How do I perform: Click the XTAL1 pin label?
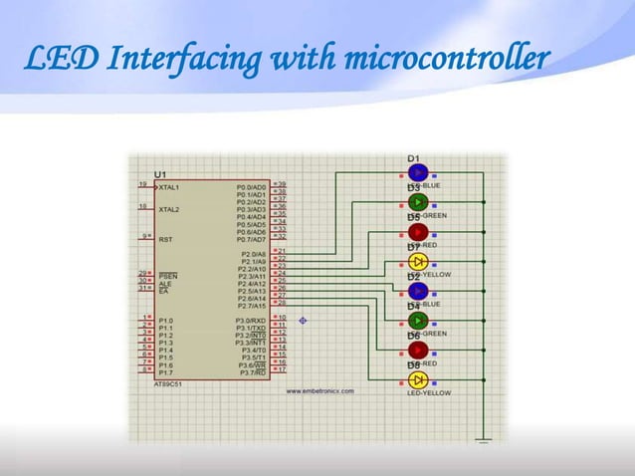169,186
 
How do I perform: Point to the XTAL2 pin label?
169,210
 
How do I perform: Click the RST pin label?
166,239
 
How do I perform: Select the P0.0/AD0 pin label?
251,186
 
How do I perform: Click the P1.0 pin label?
166,320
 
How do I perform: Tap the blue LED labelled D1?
418,172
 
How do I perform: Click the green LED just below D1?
418,201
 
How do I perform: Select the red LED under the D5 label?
418,231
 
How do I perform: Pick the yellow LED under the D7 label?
418,261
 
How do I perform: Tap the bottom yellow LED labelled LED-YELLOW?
418,380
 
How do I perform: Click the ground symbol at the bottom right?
483,439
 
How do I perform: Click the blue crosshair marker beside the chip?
303,321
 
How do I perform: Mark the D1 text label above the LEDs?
413,158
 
